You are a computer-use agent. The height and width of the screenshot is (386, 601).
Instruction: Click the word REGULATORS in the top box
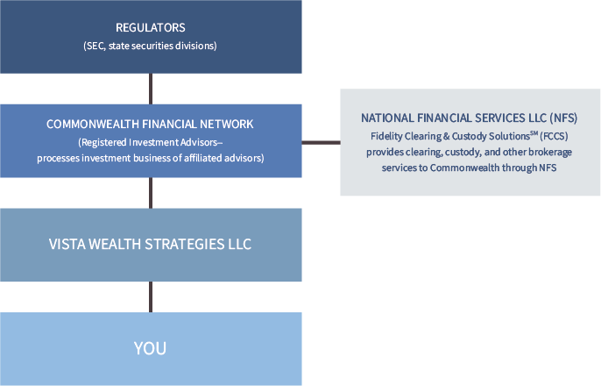pyautogui.click(x=151, y=27)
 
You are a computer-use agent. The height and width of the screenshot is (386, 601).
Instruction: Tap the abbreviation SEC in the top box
pyautogui.click(x=95, y=46)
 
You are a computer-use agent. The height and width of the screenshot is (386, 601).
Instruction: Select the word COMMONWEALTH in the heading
pyautogui.click(x=93, y=124)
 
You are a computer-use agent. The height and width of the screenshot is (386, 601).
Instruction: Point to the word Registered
pyautogui.click(x=104, y=143)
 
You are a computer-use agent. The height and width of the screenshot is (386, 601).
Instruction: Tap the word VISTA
pyautogui.click(x=67, y=244)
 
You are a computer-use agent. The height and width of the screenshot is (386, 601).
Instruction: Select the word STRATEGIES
pyautogui.click(x=184, y=244)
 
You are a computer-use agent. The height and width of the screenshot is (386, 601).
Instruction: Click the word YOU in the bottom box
pyautogui.click(x=150, y=348)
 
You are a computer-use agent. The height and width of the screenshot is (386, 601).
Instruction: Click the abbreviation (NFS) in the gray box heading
pyautogui.click(x=563, y=118)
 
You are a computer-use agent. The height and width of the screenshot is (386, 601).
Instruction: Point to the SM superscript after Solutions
pyautogui.click(x=534, y=133)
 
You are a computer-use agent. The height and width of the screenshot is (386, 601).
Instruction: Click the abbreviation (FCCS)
pyautogui.click(x=554, y=136)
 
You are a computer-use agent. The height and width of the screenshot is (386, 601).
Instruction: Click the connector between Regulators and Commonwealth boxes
pyautogui.click(x=151, y=89)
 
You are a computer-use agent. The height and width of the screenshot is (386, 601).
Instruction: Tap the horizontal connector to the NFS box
pyautogui.click(x=322, y=143)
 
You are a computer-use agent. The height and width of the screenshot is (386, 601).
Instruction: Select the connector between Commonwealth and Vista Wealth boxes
pyautogui.click(x=151, y=193)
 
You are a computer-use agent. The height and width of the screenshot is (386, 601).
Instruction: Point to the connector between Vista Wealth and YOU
pyautogui.click(x=151, y=297)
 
